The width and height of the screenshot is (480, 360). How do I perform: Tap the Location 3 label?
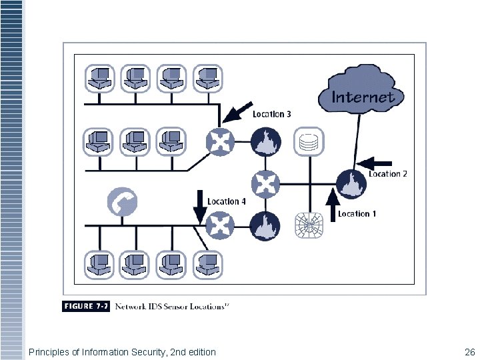coord(271,114)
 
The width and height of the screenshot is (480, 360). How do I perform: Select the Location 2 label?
coord(387,174)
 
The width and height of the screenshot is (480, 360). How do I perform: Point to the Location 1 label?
coord(357,213)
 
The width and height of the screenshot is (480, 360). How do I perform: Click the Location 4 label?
coord(227,201)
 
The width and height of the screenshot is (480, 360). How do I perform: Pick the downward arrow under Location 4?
coord(199,207)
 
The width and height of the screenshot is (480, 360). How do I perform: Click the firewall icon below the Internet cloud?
coord(350,185)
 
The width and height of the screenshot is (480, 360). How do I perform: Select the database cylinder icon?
coord(309,142)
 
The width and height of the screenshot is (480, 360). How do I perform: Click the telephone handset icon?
coord(122,201)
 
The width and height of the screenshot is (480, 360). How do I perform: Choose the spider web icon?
coord(309,226)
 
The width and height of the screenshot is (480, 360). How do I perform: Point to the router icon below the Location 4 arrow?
coord(219,225)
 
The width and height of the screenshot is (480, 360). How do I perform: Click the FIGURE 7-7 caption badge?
coord(87,306)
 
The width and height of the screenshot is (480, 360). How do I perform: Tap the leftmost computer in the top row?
coord(100,78)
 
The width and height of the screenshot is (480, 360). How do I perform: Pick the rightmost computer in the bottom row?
coord(208,265)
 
